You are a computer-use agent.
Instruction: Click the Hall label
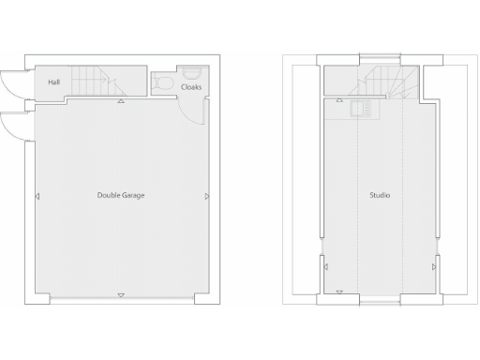(53, 82)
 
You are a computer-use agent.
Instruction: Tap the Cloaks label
(191, 87)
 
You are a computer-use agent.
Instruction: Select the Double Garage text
(121, 195)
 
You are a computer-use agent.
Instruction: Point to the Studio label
(380, 195)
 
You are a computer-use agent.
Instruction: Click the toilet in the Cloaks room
(164, 84)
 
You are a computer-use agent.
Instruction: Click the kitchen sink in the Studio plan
(360, 110)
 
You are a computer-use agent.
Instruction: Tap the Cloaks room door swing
(197, 110)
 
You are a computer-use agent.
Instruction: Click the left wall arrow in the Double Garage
(37, 197)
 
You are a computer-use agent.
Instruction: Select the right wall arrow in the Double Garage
(206, 197)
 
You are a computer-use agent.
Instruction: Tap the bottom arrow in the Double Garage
(121, 295)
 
